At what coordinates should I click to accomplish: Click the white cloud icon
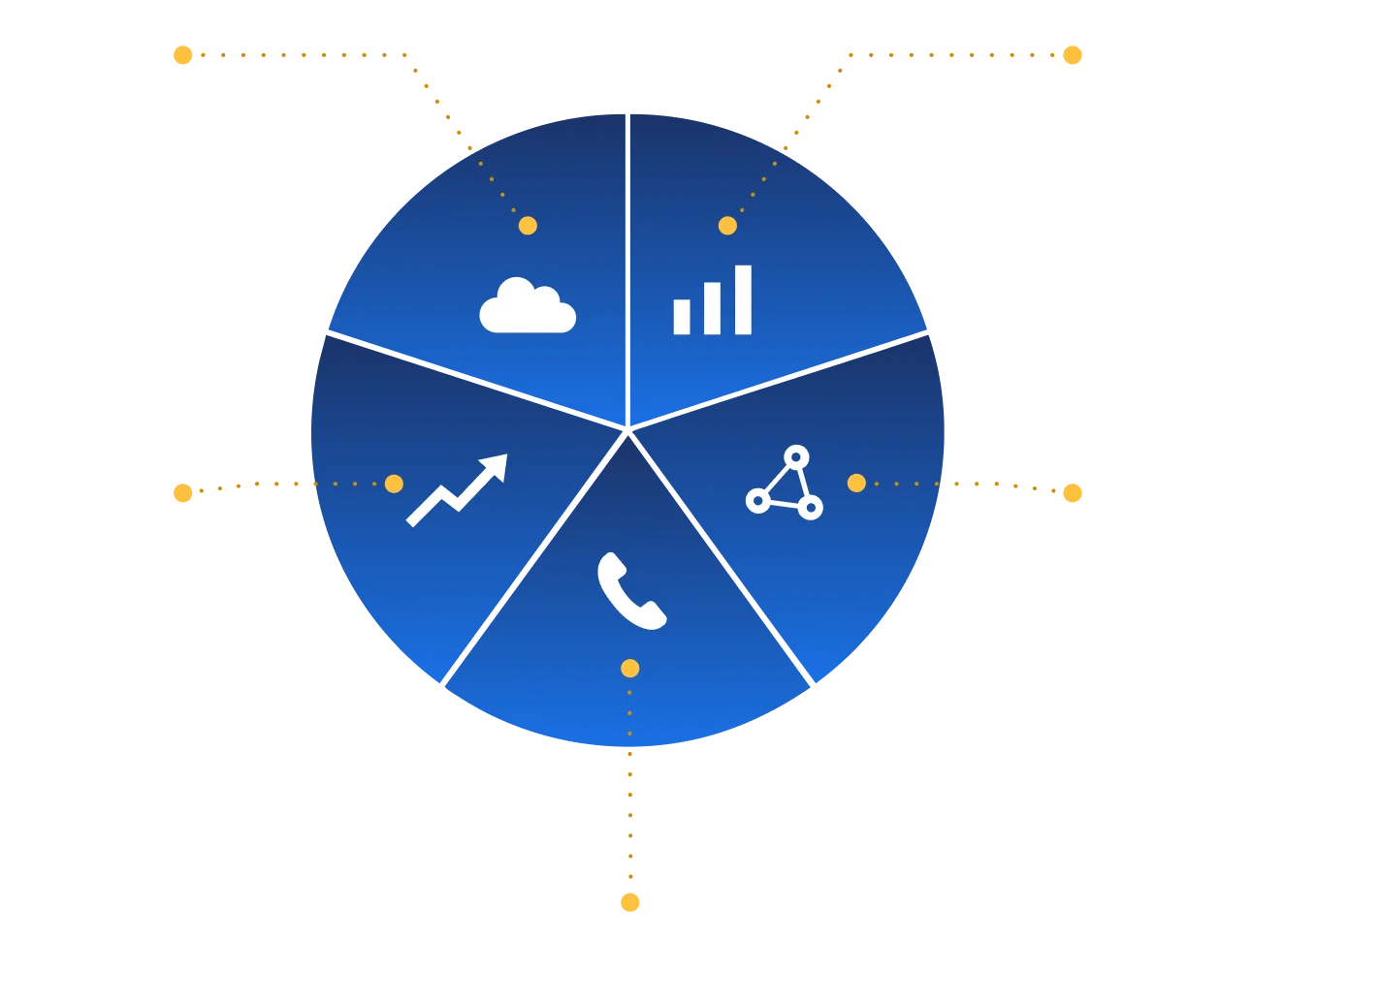[x=528, y=306]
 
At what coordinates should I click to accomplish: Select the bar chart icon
[x=713, y=301]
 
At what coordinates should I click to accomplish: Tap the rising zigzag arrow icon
[x=457, y=489]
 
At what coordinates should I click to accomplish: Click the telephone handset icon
[x=631, y=591]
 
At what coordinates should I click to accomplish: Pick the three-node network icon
[x=785, y=483]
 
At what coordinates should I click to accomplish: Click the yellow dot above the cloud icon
[x=528, y=226]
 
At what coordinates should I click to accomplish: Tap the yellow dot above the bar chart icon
[x=727, y=226]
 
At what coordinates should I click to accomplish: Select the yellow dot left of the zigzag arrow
[x=394, y=484]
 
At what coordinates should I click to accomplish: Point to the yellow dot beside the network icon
[x=856, y=483]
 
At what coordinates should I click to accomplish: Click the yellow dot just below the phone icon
[x=630, y=669]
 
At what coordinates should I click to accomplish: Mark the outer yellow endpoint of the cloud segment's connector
[x=182, y=55]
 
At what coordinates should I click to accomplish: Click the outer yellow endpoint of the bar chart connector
[x=1073, y=55]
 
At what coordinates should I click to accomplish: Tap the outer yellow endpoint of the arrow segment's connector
[x=182, y=492]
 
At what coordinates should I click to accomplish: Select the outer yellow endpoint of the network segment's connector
[x=1073, y=492]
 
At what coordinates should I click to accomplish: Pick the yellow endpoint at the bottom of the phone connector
[x=631, y=903]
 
